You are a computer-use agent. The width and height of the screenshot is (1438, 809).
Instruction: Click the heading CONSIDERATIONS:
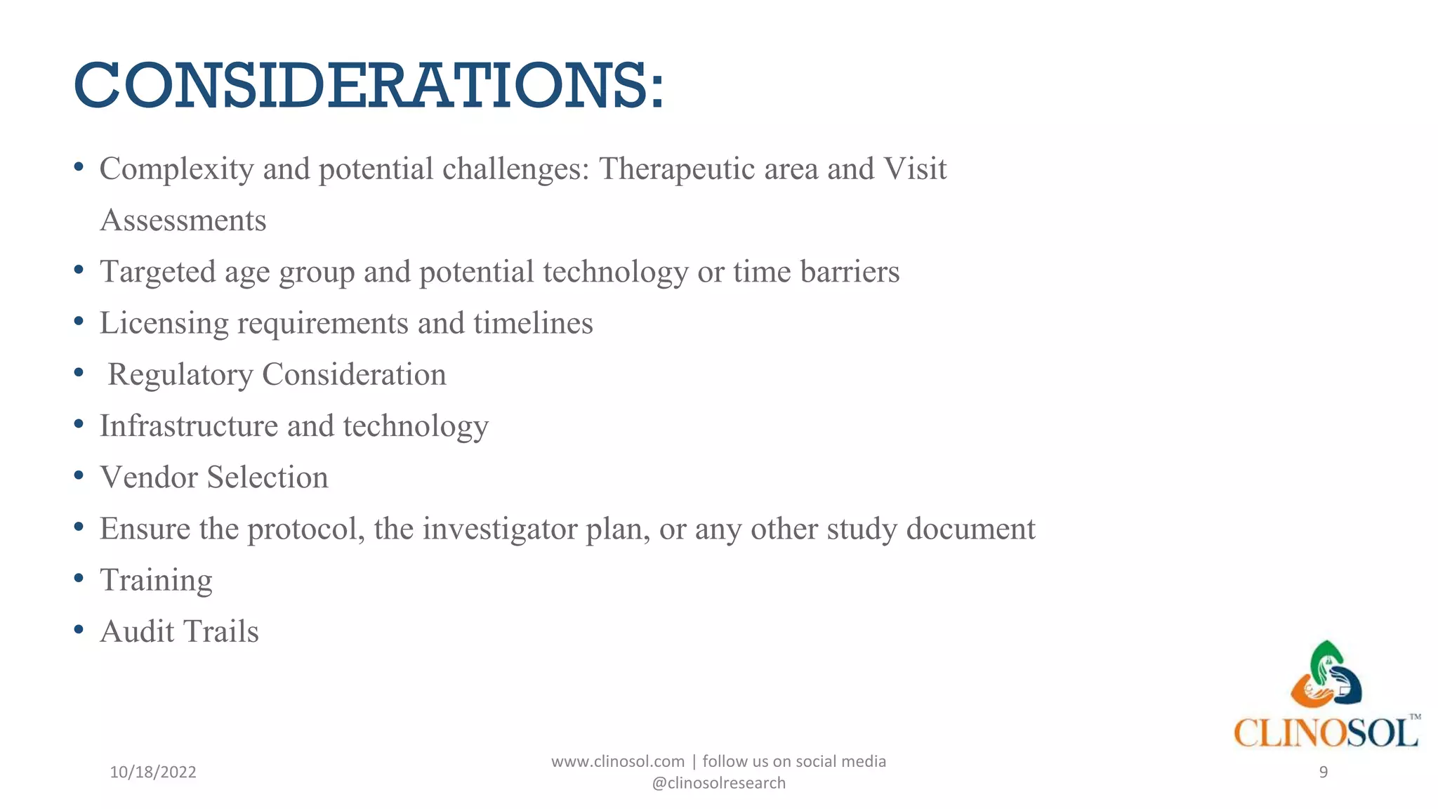[369, 86]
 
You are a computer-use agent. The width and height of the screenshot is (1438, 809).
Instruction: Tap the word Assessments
[183, 221]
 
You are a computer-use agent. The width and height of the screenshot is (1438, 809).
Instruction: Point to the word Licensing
[164, 324]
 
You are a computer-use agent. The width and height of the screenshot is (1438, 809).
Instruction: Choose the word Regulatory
[180, 375]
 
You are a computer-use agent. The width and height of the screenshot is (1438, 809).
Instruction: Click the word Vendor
[149, 478]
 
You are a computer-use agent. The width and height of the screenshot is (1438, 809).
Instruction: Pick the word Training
[156, 581]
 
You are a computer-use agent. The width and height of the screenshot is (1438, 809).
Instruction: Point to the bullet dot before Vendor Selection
[79, 476]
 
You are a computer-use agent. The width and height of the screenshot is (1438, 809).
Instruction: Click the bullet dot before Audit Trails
[79, 630]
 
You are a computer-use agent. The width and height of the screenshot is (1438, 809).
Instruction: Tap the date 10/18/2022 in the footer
[153, 772]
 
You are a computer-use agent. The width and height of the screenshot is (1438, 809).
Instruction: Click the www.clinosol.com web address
[617, 761]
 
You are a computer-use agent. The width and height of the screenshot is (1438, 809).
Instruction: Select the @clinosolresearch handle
[718, 783]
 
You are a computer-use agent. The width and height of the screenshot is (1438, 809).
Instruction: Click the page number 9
[1323, 772]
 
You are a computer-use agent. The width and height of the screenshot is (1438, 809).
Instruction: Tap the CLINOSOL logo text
[1326, 733]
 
